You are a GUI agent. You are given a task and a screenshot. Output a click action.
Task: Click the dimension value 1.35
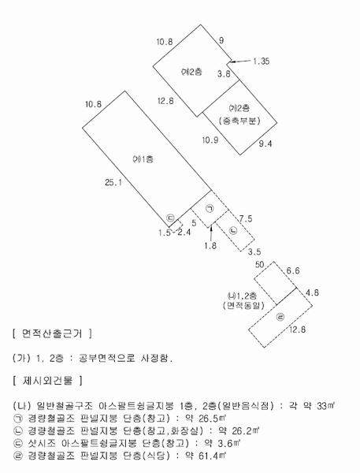point(261,61)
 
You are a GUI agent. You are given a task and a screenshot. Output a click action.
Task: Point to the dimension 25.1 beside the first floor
point(113,183)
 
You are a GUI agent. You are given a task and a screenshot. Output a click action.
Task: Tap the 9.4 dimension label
point(265,143)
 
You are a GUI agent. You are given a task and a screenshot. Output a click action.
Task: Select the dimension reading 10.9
point(210,140)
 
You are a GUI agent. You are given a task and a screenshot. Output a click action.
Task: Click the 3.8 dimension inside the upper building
point(224,73)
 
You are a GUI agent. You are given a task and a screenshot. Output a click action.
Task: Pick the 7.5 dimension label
point(246,218)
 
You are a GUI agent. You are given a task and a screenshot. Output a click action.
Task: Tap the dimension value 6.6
point(293,271)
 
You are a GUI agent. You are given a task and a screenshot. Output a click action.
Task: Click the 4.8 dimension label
point(312,292)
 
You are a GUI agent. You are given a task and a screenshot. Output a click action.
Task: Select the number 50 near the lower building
point(260,265)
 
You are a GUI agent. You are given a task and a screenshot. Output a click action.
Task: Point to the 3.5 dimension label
point(254,251)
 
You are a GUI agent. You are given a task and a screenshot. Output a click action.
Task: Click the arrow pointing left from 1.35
point(239,61)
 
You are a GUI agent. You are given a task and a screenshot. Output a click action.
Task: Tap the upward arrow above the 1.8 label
point(211,232)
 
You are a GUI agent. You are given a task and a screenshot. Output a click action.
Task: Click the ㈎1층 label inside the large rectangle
point(143,159)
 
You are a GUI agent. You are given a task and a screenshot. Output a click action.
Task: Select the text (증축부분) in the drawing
point(239,121)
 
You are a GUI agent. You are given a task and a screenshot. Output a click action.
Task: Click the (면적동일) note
point(243,306)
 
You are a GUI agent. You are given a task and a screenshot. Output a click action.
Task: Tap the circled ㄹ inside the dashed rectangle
point(280,317)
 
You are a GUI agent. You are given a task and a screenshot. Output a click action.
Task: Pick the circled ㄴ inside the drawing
point(233,231)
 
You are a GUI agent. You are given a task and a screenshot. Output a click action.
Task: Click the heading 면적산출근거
point(52,333)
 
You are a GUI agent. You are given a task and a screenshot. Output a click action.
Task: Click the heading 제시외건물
point(47,381)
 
